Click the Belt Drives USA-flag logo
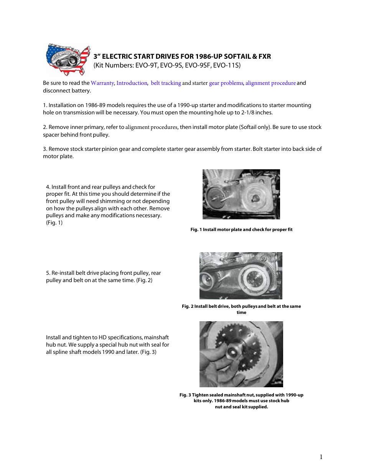coord(68,59)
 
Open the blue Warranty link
coord(102,83)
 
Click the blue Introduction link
coord(132,83)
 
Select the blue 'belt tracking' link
coord(166,83)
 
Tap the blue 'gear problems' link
coord(226,83)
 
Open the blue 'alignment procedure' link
coord(270,83)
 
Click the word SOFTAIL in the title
coord(237,56)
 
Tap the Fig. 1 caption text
coord(241,230)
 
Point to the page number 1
coord(321,457)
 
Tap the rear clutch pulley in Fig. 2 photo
coord(253,276)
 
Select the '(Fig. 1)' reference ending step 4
coord(54,223)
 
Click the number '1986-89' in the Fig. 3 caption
coord(223,401)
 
